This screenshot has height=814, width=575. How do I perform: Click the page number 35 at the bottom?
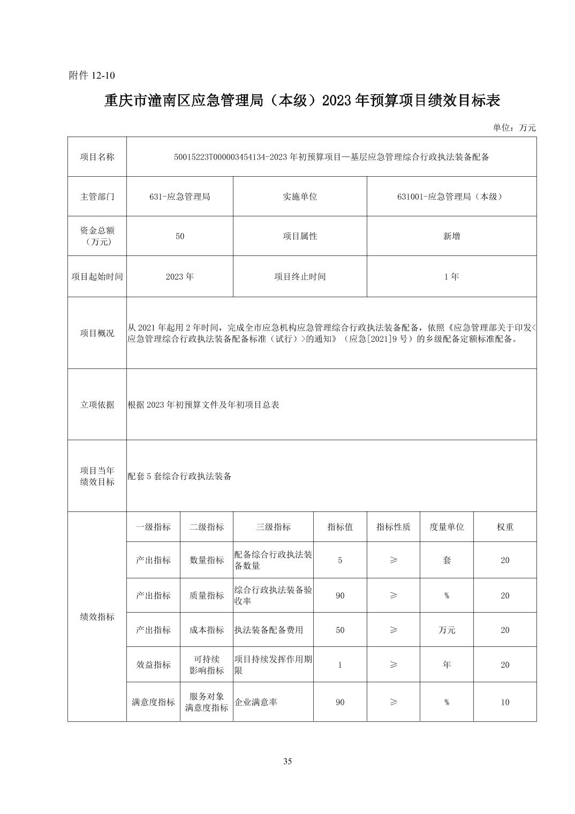287,762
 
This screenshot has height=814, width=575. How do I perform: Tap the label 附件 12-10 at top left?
92,76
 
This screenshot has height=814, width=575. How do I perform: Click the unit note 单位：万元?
514,127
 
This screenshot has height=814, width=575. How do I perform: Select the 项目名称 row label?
97,157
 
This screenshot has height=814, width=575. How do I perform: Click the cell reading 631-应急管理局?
180,197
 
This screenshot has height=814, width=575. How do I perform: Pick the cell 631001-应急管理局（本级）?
451,197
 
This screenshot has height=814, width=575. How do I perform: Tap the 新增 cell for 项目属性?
451,236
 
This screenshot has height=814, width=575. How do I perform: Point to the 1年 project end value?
451,277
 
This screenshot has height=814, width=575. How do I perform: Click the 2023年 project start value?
180,277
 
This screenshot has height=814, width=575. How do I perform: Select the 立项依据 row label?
97,405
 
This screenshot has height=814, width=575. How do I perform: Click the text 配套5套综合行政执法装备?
180,476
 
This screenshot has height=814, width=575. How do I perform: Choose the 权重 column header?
505,527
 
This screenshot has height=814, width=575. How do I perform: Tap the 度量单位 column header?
447,527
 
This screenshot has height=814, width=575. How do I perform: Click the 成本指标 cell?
207,630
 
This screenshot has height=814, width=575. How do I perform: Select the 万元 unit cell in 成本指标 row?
447,630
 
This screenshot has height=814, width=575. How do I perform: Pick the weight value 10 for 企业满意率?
505,702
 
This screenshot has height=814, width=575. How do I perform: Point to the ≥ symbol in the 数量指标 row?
394,560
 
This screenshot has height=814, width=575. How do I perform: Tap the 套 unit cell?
447,560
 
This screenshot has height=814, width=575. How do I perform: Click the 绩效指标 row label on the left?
97,617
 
